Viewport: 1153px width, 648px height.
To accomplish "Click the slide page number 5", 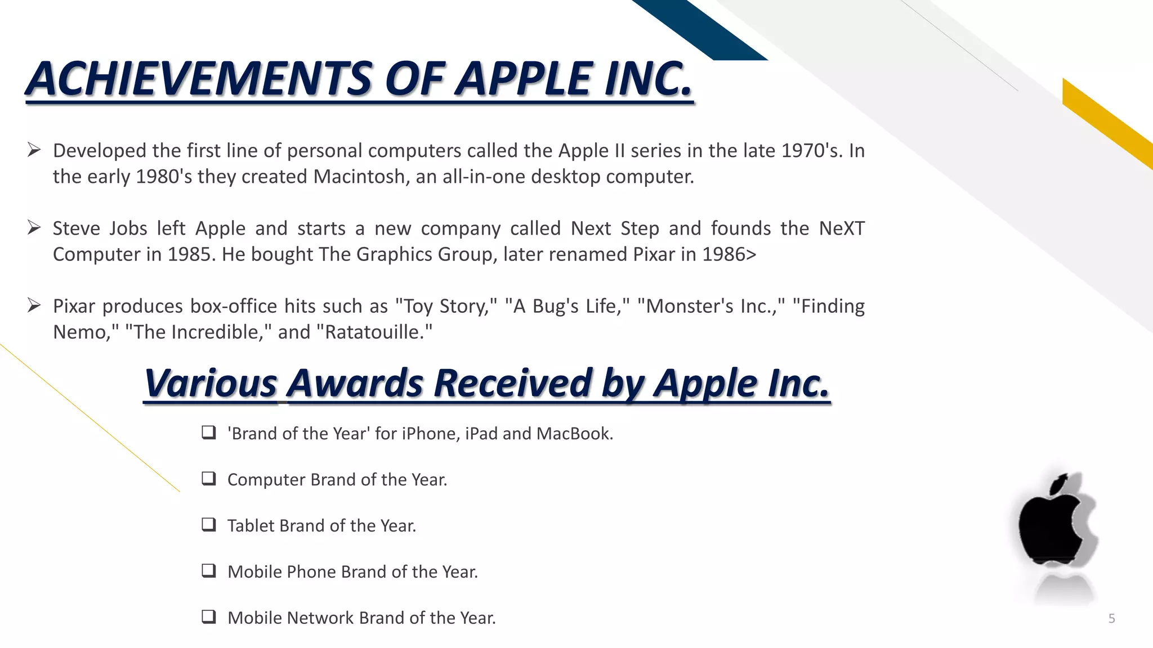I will coord(1111,619).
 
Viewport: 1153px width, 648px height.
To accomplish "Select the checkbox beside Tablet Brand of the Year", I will coord(209,525).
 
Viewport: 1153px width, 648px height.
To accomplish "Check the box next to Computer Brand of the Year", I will coord(209,479).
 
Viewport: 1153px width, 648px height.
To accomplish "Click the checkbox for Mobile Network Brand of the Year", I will coord(209,617).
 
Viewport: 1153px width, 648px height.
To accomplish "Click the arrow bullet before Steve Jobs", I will coord(34,228).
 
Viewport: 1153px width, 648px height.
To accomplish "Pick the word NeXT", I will coord(842,228).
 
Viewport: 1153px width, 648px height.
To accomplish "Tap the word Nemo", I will coord(78,332).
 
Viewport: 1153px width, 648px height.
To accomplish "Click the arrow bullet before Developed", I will coord(34,150).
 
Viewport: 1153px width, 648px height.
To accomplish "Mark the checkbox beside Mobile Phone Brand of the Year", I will coord(209,571).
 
